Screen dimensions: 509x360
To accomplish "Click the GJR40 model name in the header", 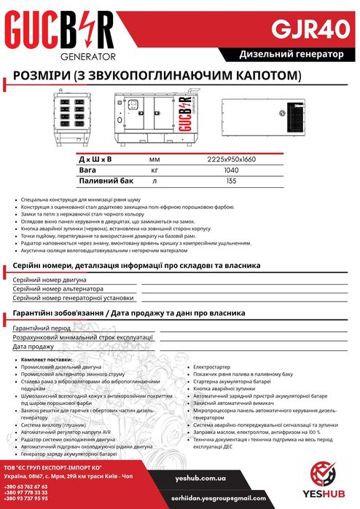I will point(305,28).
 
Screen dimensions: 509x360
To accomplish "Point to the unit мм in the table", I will point(154,158).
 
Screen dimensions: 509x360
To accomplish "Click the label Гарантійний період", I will point(41,328).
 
